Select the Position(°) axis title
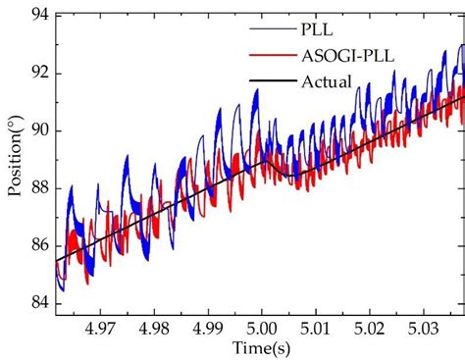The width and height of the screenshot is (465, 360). click(14, 162)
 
